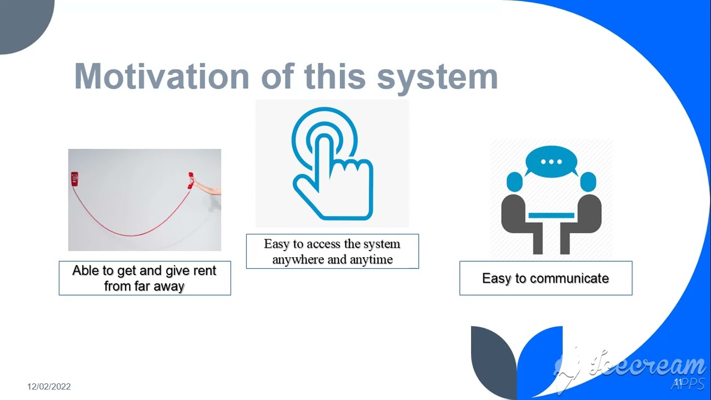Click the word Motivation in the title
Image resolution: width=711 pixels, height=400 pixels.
(162, 77)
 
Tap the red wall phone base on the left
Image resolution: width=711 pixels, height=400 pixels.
(74, 178)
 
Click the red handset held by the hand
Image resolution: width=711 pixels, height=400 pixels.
(191, 181)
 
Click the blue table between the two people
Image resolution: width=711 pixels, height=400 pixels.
(551, 215)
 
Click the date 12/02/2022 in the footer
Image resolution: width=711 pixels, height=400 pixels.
(49, 387)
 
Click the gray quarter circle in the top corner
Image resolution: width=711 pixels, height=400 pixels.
(22, 22)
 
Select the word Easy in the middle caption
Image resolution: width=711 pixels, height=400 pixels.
(276, 244)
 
